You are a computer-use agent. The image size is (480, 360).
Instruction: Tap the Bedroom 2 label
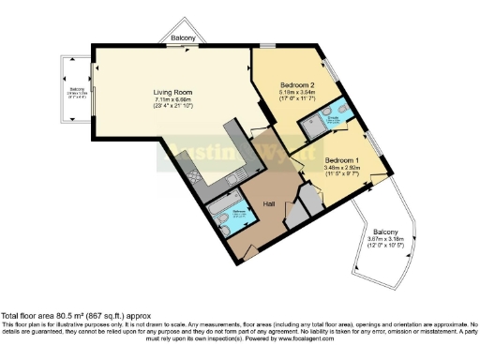pos(297,84)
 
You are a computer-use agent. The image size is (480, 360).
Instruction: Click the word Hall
pos(268,204)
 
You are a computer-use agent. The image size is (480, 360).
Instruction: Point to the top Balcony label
pos(184,38)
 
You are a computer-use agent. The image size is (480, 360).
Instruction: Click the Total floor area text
pos(75,317)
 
